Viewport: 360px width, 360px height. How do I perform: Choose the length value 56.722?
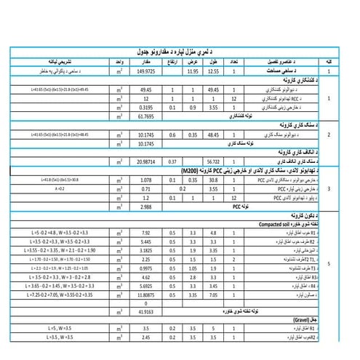click(x=213, y=161)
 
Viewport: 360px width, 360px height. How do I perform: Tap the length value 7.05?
click(x=213, y=296)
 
